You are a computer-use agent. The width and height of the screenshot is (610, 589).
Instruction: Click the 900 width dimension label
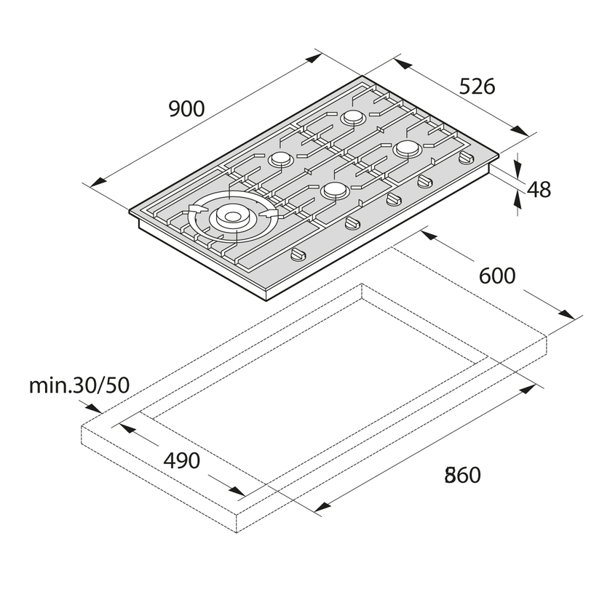tap(187, 109)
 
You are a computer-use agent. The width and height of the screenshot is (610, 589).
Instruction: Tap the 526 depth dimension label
tap(477, 87)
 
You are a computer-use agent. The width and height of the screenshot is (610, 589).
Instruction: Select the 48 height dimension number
tap(539, 190)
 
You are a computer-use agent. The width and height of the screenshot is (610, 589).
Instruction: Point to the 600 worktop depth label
tap(497, 276)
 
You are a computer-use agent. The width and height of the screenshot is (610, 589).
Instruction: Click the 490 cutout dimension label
tap(182, 461)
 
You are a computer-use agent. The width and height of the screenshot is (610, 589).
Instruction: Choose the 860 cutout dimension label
tap(463, 475)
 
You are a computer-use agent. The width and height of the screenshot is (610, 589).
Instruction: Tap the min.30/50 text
tap(79, 385)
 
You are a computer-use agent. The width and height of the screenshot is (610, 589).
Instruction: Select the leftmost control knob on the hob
tap(298, 255)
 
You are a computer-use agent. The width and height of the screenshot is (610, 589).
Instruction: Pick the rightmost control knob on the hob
tap(467, 158)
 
